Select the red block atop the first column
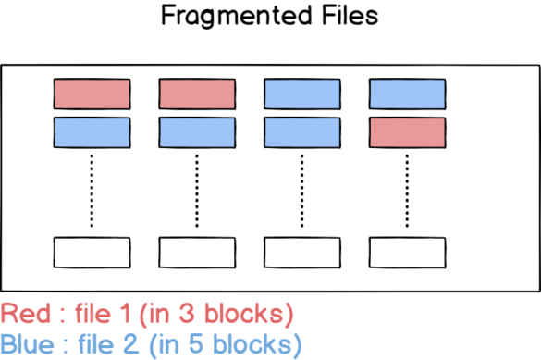point(92,94)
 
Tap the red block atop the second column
point(197,94)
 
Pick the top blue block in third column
point(302,94)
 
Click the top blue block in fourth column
point(407,94)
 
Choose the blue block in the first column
point(92,131)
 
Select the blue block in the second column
point(197,131)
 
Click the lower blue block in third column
point(302,131)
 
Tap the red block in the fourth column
point(407,131)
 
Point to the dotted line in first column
point(92,191)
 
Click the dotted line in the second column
point(197,191)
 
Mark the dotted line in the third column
point(302,191)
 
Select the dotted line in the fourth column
point(407,191)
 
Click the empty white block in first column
point(92,252)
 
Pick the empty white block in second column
point(197,252)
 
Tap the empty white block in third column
point(302,252)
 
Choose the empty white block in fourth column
point(407,252)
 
